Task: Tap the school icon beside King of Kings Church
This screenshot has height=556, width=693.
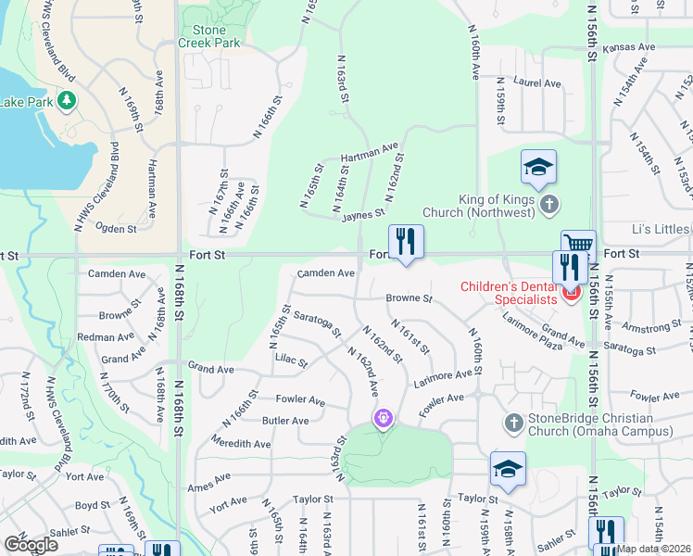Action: (x=538, y=168)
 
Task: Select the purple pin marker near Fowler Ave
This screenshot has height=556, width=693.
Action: (x=384, y=420)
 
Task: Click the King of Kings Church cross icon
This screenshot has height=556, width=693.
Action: (x=548, y=203)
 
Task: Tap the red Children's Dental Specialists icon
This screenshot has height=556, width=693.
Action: (x=570, y=295)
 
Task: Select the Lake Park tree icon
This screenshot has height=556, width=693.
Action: (x=66, y=99)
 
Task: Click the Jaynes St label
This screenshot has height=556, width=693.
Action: (x=362, y=214)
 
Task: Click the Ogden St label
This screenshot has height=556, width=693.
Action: (x=116, y=228)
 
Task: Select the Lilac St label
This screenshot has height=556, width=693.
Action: (x=290, y=362)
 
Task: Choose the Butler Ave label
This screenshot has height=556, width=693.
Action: (x=286, y=421)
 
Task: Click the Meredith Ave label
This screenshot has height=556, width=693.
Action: (x=240, y=444)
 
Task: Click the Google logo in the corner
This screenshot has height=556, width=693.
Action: (x=31, y=544)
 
